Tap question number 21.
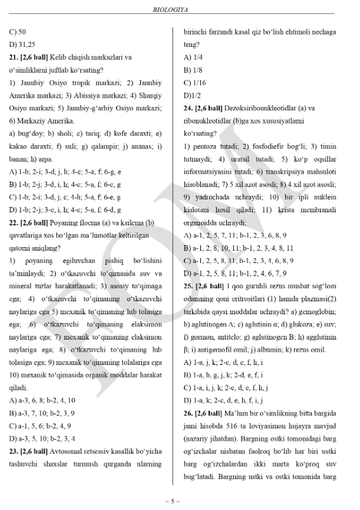coord(14,57)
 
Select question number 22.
coord(14,223)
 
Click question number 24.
coord(188,108)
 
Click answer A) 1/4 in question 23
coord(191,57)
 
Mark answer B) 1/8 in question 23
coord(191,70)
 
